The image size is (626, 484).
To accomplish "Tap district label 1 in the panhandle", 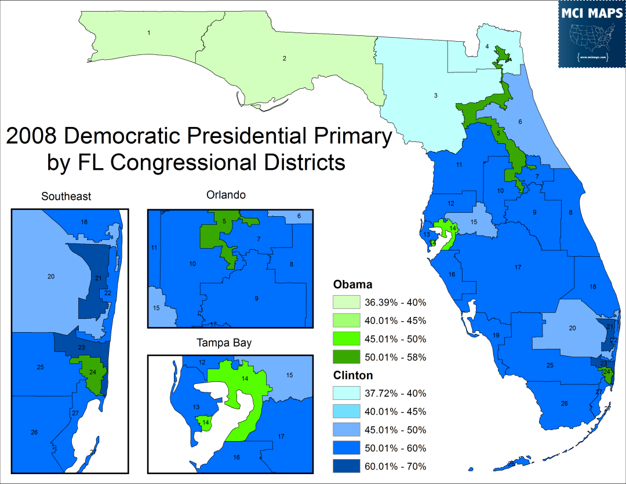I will [x=149, y=32].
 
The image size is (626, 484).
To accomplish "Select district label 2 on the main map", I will [x=284, y=58].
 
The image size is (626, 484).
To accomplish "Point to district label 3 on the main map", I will [x=435, y=96].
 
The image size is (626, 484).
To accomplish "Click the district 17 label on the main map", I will [x=518, y=267].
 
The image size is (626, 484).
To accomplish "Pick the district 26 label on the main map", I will [x=564, y=403].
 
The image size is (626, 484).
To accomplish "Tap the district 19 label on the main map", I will [x=496, y=336].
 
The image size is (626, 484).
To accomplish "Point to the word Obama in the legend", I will [x=352, y=285].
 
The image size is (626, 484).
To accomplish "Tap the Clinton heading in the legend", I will [x=353, y=376].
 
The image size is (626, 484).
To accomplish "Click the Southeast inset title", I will [x=66, y=196].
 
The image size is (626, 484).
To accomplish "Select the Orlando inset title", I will [x=226, y=195].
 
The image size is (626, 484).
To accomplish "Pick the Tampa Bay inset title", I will [x=224, y=343].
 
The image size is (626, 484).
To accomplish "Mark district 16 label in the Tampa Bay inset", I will [x=236, y=457].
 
